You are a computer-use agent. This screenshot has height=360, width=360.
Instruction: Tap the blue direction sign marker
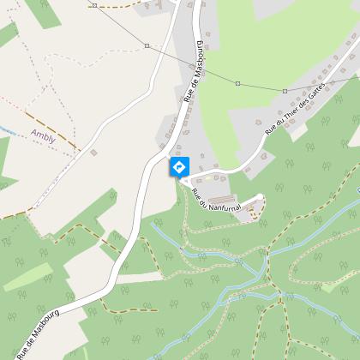(x=179, y=166)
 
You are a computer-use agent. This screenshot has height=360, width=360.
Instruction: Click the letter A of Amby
(x=32, y=134)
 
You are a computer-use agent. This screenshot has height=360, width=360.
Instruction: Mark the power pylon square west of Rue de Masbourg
(x=147, y=45)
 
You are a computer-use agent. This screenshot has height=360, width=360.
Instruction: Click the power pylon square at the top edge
(x=93, y=4)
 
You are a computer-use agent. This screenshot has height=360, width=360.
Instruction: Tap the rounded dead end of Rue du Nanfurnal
(x=260, y=198)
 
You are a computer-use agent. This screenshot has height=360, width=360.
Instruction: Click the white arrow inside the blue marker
(x=179, y=165)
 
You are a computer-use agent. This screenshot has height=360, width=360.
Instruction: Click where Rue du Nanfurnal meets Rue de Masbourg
(x=180, y=180)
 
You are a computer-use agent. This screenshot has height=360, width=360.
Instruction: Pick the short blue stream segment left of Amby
(x=6, y=129)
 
